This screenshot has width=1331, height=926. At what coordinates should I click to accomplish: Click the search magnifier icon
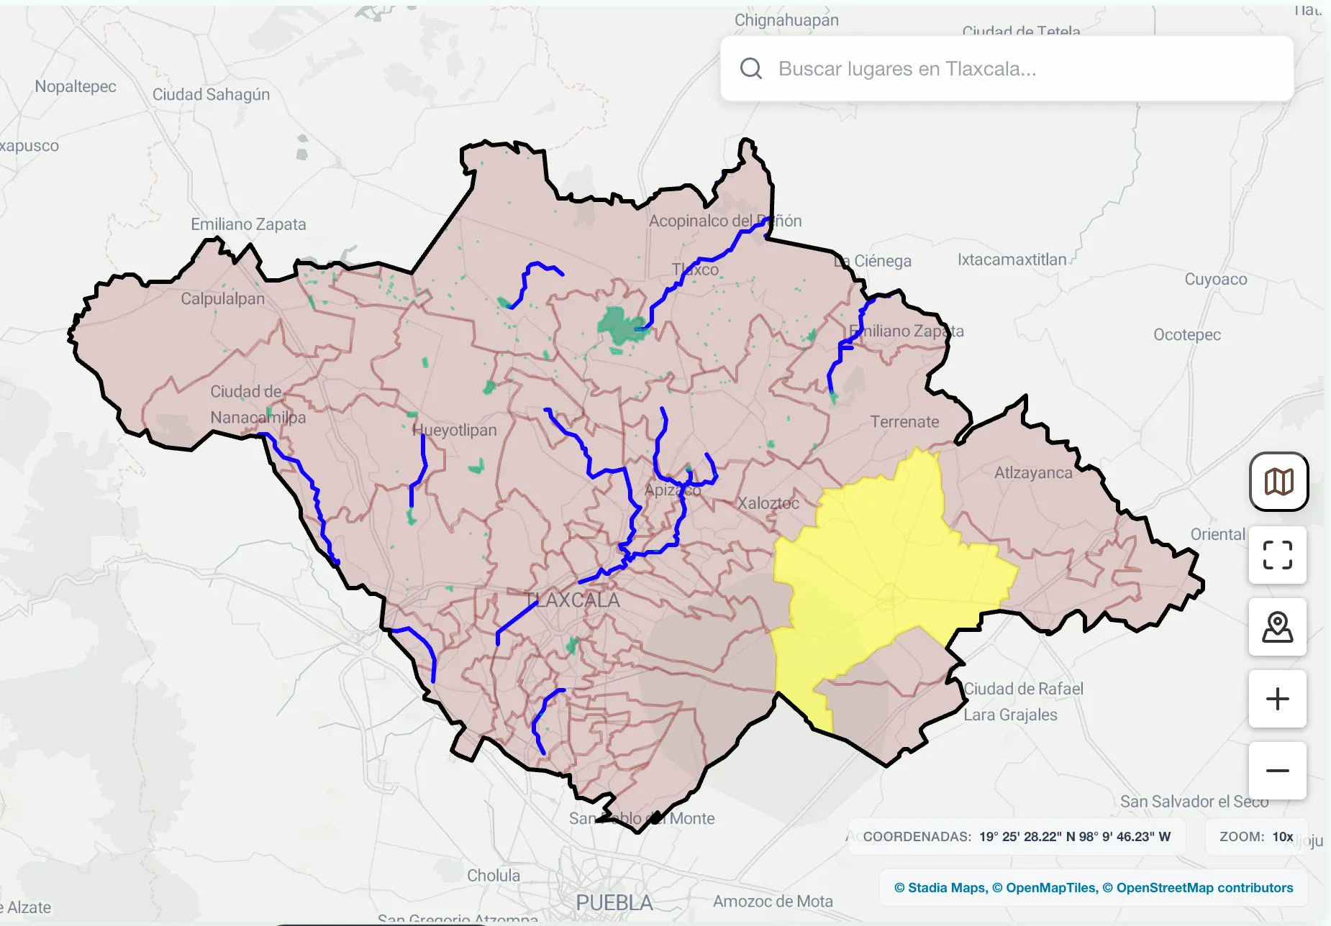[x=750, y=68]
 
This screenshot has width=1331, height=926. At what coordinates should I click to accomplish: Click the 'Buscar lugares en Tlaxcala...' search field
[x=1007, y=69]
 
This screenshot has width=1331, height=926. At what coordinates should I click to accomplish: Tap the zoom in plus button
[x=1277, y=699]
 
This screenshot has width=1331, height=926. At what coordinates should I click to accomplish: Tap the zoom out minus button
[x=1277, y=771]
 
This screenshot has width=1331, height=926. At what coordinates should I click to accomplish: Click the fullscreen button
[x=1277, y=555]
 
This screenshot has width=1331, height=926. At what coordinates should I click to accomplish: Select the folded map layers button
[x=1278, y=482]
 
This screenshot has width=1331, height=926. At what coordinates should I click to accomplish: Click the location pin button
[x=1277, y=627]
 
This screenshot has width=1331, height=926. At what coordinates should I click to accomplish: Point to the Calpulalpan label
[x=222, y=298]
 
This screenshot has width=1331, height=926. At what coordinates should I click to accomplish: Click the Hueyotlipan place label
[x=454, y=430]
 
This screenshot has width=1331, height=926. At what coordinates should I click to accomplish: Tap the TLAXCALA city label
[x=572, y=600]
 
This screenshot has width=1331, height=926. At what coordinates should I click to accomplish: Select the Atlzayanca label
[x=1032, y=472]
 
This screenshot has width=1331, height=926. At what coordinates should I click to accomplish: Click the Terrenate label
[x=904, y=422]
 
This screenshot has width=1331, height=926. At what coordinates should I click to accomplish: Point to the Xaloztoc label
[x=768, y=503]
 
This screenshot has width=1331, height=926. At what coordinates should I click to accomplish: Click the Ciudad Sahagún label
[x=211, y=94]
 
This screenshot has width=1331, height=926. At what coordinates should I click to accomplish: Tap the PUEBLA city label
[x=614, y=902]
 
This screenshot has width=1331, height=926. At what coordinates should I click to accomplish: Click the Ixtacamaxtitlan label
[x=1012, y=260]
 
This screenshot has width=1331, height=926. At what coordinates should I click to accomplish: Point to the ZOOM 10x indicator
[x=1256, y=836]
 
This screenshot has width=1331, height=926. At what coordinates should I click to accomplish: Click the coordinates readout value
[x=1074, y=836]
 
